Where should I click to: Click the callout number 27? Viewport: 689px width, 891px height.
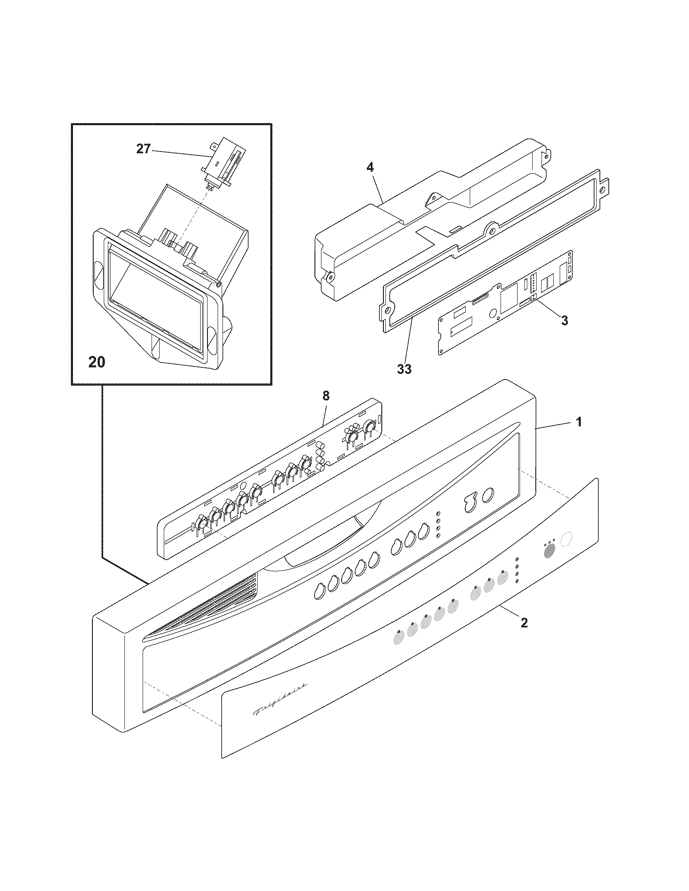pos(143,149)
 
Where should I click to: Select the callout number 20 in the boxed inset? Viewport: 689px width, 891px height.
pos(97,362)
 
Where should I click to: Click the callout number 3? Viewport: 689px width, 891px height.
pos(565,320)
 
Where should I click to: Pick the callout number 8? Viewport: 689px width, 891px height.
pos(326,395)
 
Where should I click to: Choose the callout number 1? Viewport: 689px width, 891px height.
pos(579,422)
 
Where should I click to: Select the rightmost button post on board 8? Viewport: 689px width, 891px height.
pos(370,427)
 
